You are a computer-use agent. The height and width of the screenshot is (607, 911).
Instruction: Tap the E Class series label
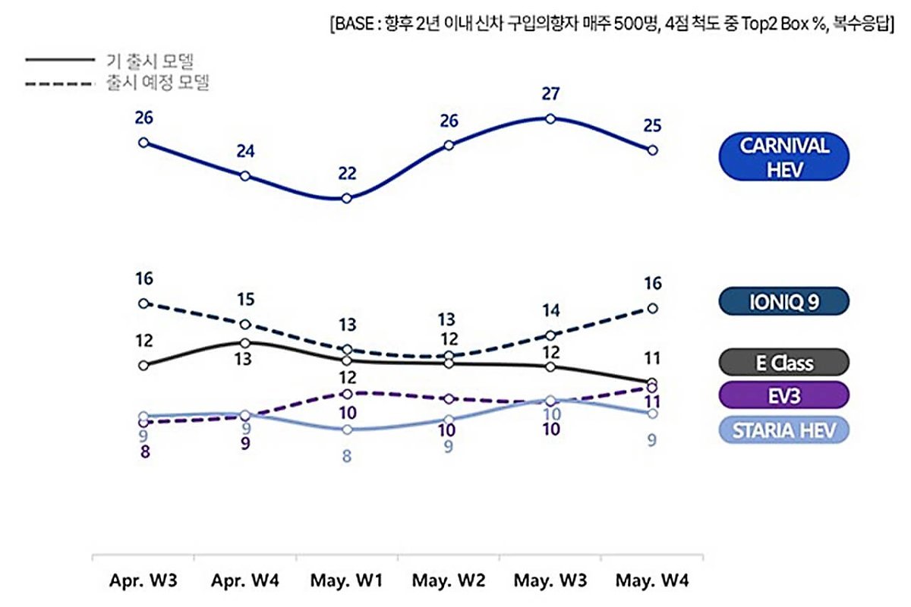coord(783,363)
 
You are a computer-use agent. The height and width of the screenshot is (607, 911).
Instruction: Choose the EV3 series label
coord(783,395)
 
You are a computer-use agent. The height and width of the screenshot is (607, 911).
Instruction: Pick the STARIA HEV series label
coord(783,430)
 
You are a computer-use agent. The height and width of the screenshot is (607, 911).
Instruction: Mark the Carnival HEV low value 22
coord(347,174)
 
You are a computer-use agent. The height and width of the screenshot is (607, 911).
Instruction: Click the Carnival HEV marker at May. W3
coord(550,118)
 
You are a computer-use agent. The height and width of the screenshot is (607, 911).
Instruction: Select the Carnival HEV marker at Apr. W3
coord(143,143)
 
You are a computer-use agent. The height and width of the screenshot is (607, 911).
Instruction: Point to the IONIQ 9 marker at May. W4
coord(652,308)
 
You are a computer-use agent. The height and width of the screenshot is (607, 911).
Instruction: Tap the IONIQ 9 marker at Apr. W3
coord(143,303)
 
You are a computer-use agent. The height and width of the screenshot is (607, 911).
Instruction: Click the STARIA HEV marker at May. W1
coord(347,429)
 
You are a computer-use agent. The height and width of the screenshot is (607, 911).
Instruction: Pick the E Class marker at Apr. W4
coord(244,343)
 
